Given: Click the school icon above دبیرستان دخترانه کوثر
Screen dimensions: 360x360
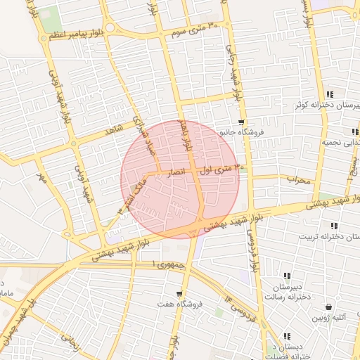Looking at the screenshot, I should point(330,94).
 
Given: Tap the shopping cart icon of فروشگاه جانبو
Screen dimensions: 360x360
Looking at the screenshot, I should point(241,122).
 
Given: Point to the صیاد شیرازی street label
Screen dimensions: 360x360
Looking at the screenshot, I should point(143,130).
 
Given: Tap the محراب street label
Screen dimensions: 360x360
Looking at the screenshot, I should point(297,180).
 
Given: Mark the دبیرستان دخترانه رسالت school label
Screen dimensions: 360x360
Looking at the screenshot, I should point(286,292).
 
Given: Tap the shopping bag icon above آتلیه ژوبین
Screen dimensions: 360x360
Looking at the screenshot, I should point(330,307).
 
